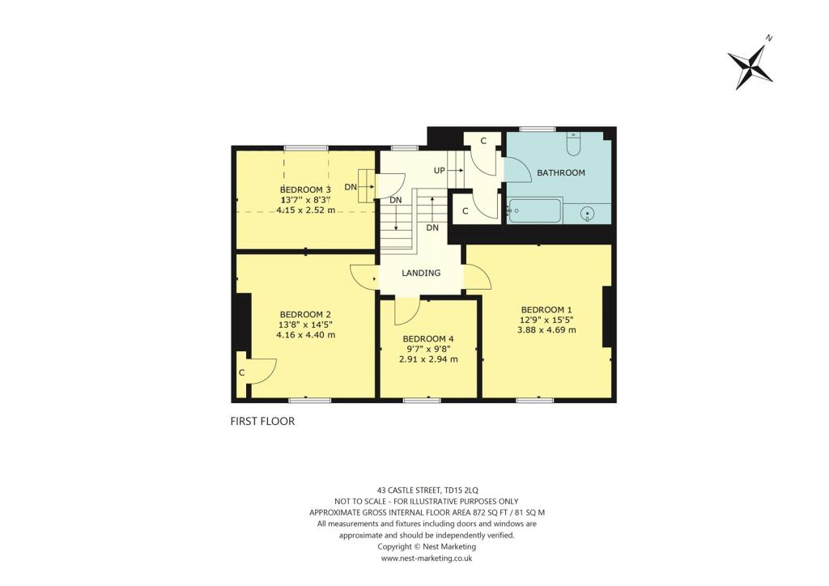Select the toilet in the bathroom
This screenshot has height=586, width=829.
pyautogui.click(x=573, y=143)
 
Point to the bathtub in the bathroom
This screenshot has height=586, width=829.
pyautogui.click(x=534, y=211)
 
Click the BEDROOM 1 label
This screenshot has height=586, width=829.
pyautogui.click(x=546, y=309)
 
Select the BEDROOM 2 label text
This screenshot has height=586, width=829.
pyautogui.click(x=305, y=314)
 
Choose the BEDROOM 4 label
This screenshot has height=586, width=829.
pyautogui.click(x=428, y=338)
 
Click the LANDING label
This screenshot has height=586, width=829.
pyautogui.click(x=421, y=273)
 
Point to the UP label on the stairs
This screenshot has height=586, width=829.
pyautogui.click(x=440, y=171)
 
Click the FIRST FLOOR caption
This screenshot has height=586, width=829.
pyautogui.click(x=262, y=421)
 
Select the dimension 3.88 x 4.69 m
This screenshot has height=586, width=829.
pyautogui.click(x=548, y=329)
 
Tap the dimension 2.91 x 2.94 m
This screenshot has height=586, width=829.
pyautogui.click(x=428, y=359)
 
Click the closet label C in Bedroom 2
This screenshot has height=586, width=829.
pyautogui.click(x=241, y=372)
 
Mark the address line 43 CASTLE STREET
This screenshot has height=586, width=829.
pyautogui.click(x=420, y=490)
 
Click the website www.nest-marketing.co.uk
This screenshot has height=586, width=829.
pyautogui.click(x=426, y=558)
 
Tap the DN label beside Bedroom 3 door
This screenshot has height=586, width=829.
pyautogui.click(x=351, y=187)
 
